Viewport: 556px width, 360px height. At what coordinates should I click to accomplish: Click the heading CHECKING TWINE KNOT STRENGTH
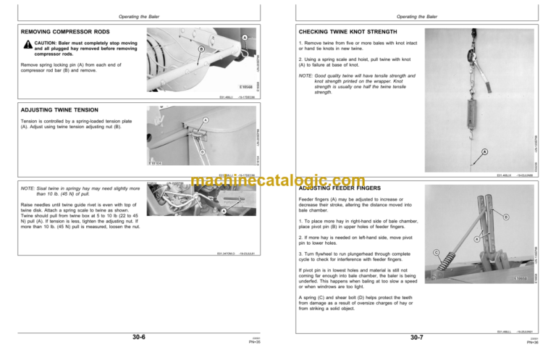[347, 32]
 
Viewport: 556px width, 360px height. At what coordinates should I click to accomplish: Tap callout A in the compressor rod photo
[245, 38]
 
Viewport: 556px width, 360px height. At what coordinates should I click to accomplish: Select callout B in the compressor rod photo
[201, 49]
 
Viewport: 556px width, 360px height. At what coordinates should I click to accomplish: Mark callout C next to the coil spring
[436, 251]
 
